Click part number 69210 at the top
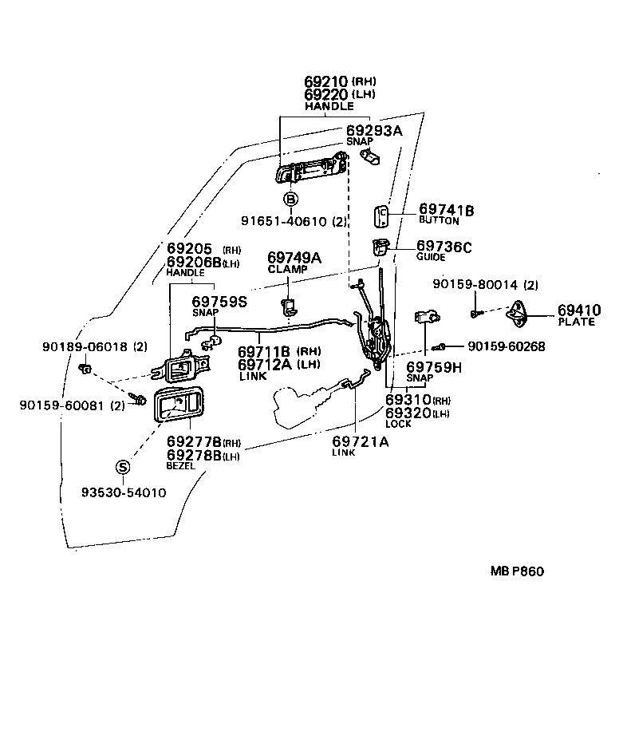pyautogui.click(x=325, y=81)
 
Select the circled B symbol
pyautogui.click(x=290, y=199)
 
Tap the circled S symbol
pyautogui.click(x=123, y=467)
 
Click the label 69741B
pyautogui.click(x=446, y=209)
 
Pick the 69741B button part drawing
pyautogui.click(x=381, y=216)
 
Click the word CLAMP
pyautogui.click(x=287, y=269)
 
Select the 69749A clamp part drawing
pyautogui.click(x=288, y=306)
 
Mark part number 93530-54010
pyautogui.click(x=124, y=492)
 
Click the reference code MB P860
pyautogui.click(x=517, y=571)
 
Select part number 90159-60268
pyautogui.click(x=507, y=346)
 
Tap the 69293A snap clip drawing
pyautogui.click(x=370, y=156)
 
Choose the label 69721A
pyautogui.click(x=360, y=441)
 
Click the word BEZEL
pyautogui.click(x=180, y=465)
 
